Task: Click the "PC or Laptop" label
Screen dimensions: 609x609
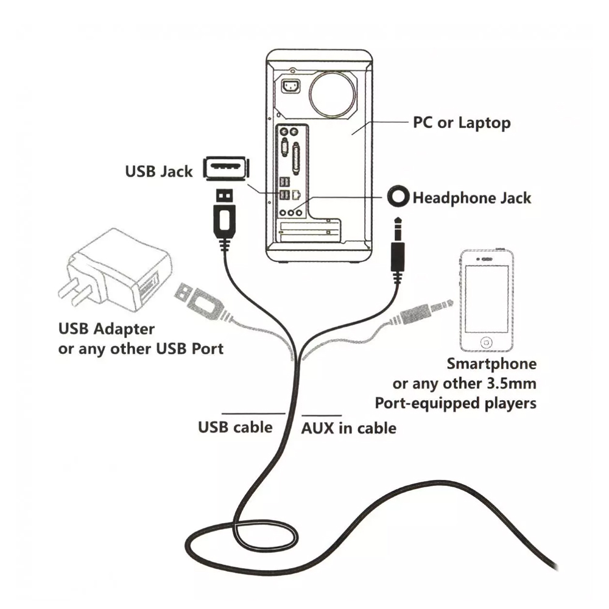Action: (462, 123)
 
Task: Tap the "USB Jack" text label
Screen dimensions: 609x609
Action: (158, 171)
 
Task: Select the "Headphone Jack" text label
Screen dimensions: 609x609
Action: (471, 198)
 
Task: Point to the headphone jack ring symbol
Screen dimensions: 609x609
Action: (398, 197)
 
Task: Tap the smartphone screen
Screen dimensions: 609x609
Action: (485, 298)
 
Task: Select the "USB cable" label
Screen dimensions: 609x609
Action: (235, 427)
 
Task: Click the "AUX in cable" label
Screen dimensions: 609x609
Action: (349, 428)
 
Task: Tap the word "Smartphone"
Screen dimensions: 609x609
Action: (491, 364)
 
